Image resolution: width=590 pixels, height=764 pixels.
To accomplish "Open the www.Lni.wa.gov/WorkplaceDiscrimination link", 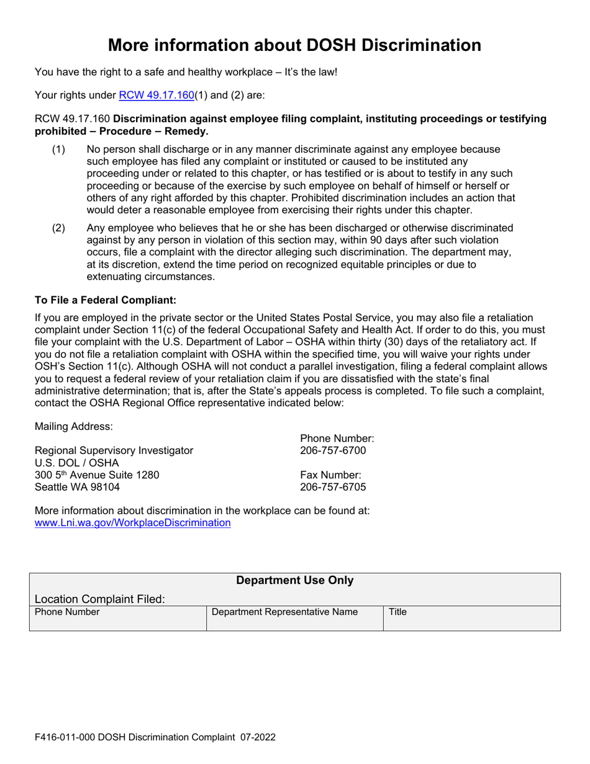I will click(x=133, y=523).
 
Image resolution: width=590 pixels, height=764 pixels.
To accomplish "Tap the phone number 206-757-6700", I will click(x=333, y=450).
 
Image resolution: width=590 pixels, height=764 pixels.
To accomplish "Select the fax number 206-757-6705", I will click(x=333, y=487).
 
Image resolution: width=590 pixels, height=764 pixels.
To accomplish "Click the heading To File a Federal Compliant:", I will click(x=106, y=300).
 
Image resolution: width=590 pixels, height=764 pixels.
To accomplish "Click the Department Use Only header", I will click(x=295, y=581).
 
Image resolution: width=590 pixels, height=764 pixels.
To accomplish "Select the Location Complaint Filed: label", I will click(x=100, y=599).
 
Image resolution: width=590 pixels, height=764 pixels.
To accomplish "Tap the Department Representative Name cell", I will click(x=285, y=612).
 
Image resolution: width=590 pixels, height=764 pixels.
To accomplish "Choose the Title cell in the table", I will click(x=397, y=612).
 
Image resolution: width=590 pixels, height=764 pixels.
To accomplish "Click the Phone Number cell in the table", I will click(x=67, y=612).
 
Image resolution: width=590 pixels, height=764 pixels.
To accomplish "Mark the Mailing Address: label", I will click(x=74, y=426).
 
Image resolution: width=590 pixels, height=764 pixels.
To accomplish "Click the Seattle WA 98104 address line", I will click(x=78, y=487).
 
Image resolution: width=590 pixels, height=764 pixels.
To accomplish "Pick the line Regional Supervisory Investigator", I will click(x=114, y=450).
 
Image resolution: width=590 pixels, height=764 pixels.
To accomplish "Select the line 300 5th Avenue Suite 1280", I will click(x=97, y=475).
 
